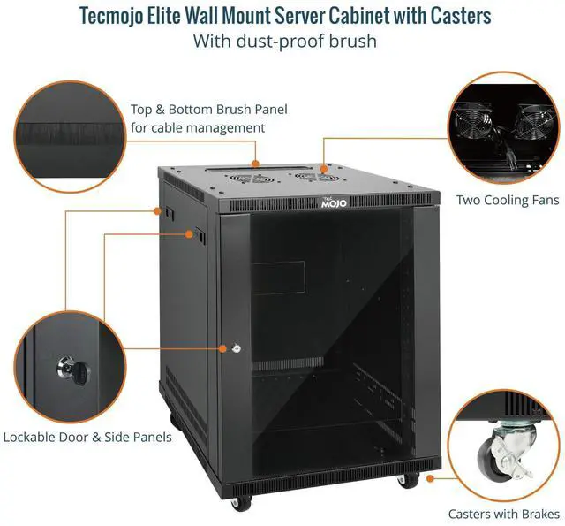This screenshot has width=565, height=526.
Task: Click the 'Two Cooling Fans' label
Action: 507,200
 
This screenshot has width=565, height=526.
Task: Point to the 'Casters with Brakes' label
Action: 503,514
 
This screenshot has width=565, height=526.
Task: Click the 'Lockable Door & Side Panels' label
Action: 87,437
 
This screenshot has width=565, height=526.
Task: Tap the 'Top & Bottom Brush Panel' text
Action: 209,110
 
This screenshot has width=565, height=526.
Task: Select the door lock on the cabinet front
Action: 237,348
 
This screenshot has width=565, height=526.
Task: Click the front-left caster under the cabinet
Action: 237,502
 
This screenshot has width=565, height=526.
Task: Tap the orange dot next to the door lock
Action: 222,348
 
